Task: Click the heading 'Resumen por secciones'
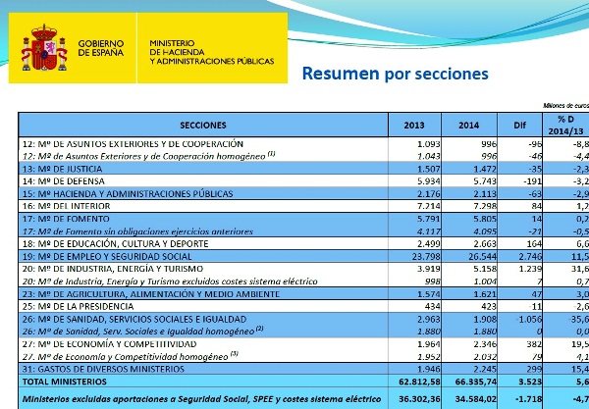click(x=394, y=74)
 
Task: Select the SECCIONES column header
click(x=203, y=125)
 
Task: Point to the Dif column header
click(x=508, y=125)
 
